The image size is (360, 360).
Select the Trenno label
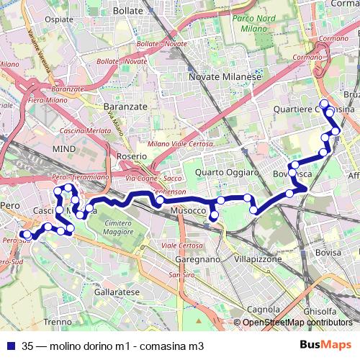tap(57, 321)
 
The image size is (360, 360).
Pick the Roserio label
tap(130, 156)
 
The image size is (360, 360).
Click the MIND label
tap(64, 148)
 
